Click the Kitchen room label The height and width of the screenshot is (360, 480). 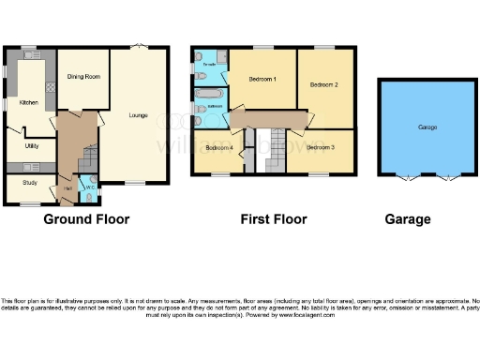[26, 101]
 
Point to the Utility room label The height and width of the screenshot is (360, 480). [31, 146]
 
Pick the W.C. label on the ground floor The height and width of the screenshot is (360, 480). [91, 186]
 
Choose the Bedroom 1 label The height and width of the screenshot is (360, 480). [262, 80]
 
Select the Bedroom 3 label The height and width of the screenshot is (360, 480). [320, 147]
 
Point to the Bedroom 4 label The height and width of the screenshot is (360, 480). [219, 148]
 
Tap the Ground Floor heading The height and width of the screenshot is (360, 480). [86, 219]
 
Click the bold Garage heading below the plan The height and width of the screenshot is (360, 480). [408, 219]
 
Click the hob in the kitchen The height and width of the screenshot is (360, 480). [49, 85]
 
